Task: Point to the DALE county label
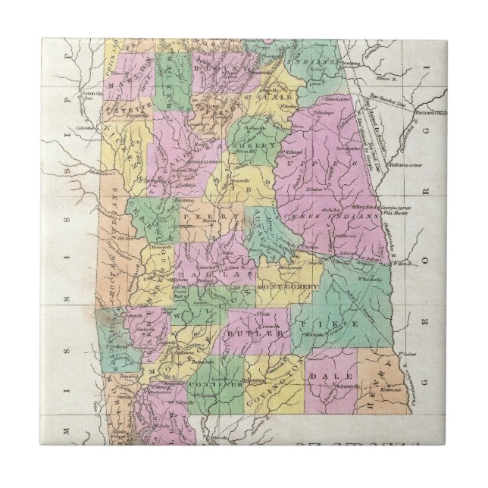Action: tap(339, 376)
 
